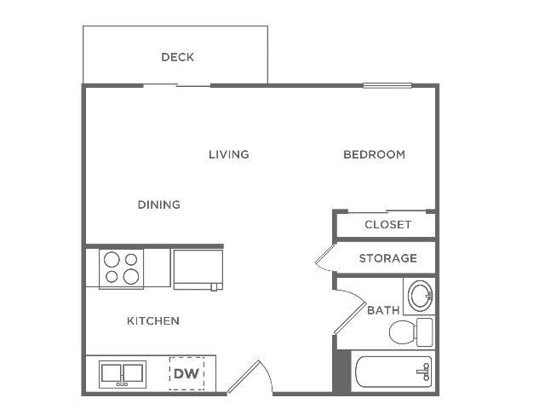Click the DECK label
click(177, 57)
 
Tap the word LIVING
click(229, 154)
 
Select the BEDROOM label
click(374, 154)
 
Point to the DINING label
click(159, 205)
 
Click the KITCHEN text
click(153, 320)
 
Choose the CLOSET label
click(387, 225)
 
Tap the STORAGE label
click(388, 258)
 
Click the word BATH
click(383, 310)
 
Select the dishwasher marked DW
click(186, 373)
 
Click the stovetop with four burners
click(121, 268)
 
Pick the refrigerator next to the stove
click(198, 269)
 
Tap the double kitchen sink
click(123, 374)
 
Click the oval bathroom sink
click(420, 296)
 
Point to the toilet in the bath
click(411, 331)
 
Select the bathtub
click(393, 372)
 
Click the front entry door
click(250, 378)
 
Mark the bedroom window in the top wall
click(387, 85)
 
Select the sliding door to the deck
click(177, 85)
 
